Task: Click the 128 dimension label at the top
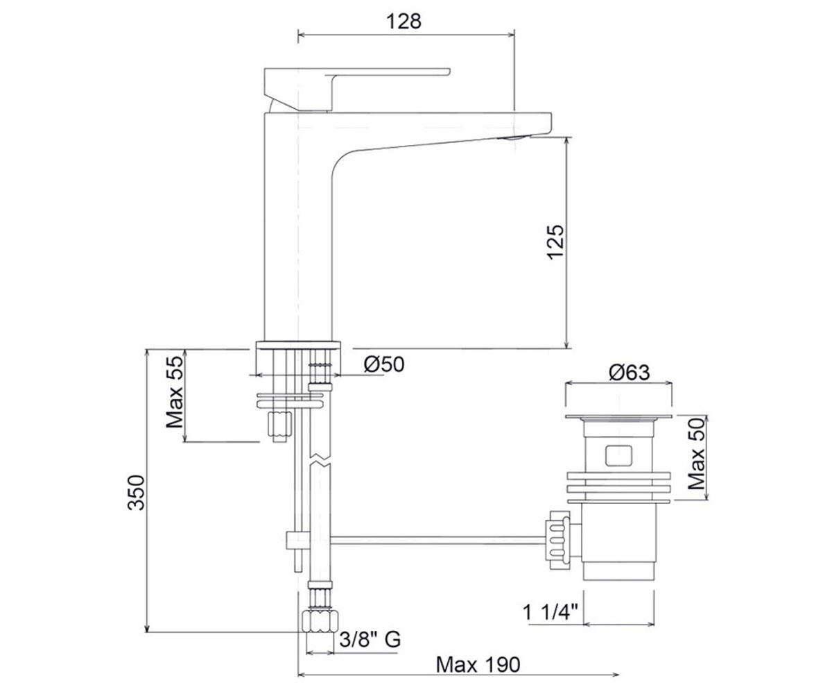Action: [x=404, y=21]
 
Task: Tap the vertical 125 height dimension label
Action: [x=555, y=242]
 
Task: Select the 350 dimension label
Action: [x=136, y=493]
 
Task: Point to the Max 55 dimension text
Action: [x=175, y=392]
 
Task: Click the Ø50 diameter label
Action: [x=383, y=364]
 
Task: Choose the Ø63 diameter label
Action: [x=629, y=373]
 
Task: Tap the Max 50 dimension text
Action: [x=697, y=453]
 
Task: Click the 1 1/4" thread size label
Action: [x=550, y=612]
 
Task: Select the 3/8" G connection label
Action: [x=370, y=639]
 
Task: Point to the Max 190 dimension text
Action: [x=478, y=664]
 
